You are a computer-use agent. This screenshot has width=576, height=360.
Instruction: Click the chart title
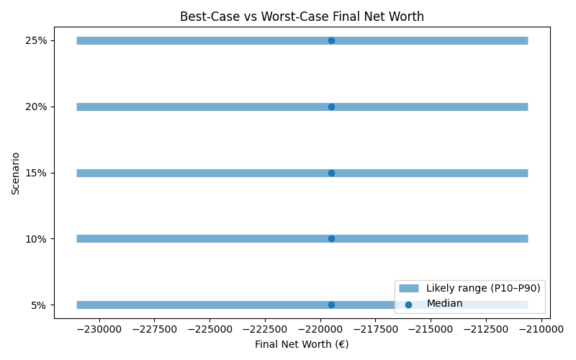pos(302,15)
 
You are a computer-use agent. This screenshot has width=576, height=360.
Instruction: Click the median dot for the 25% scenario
pos(331,40)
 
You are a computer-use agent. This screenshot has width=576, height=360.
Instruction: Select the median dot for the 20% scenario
pos(331,107)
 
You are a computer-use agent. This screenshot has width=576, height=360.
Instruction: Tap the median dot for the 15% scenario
pos(331,173)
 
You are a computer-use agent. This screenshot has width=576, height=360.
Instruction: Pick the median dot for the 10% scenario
pos(331,238)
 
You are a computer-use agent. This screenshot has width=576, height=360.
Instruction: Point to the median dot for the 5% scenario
pos(331,305)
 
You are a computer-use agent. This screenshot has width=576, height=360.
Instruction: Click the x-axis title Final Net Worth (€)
pos(302,344)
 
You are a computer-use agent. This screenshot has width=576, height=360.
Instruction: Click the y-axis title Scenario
pos(16,173)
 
